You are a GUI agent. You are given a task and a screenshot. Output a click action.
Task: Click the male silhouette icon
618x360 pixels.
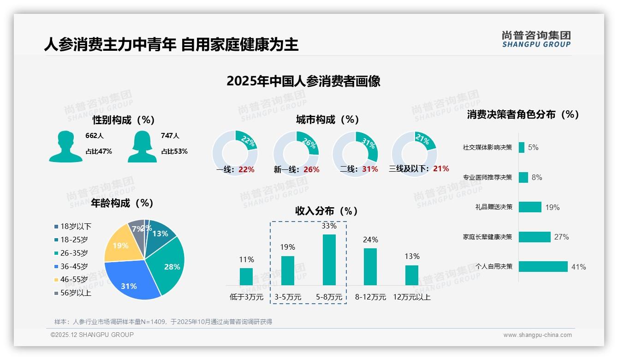tap(65, 146)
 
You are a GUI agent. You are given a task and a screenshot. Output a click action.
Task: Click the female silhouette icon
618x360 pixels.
tap(142, 146)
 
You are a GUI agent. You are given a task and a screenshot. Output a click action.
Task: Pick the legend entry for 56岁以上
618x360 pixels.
tap(73, 293)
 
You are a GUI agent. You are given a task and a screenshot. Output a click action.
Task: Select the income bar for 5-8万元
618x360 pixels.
tap(329, 260)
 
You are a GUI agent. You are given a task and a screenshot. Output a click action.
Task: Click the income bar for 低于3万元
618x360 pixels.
tap(246, 276)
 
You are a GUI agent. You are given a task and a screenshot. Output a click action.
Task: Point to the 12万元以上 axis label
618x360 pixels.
tap(411, 297)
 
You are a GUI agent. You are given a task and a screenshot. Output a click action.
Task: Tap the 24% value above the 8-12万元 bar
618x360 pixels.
tap(370, 240)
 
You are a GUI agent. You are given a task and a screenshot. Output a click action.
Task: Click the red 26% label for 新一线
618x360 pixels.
tap(311, 170)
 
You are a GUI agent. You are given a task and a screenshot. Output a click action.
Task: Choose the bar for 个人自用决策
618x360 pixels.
tap(543, 267)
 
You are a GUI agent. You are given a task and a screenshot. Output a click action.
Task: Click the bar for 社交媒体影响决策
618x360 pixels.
tap(521, 147)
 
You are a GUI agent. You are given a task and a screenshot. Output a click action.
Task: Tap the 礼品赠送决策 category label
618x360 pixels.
tap(493, 207)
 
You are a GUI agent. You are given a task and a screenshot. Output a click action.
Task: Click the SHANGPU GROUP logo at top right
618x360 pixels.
tap(536, 39)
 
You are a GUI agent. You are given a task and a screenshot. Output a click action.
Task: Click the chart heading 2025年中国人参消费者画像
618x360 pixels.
tap(303, 81)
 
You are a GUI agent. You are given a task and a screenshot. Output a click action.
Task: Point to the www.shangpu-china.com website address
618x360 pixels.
tap(537, 335)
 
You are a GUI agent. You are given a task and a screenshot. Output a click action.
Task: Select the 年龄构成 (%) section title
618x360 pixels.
tap(122, 203)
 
